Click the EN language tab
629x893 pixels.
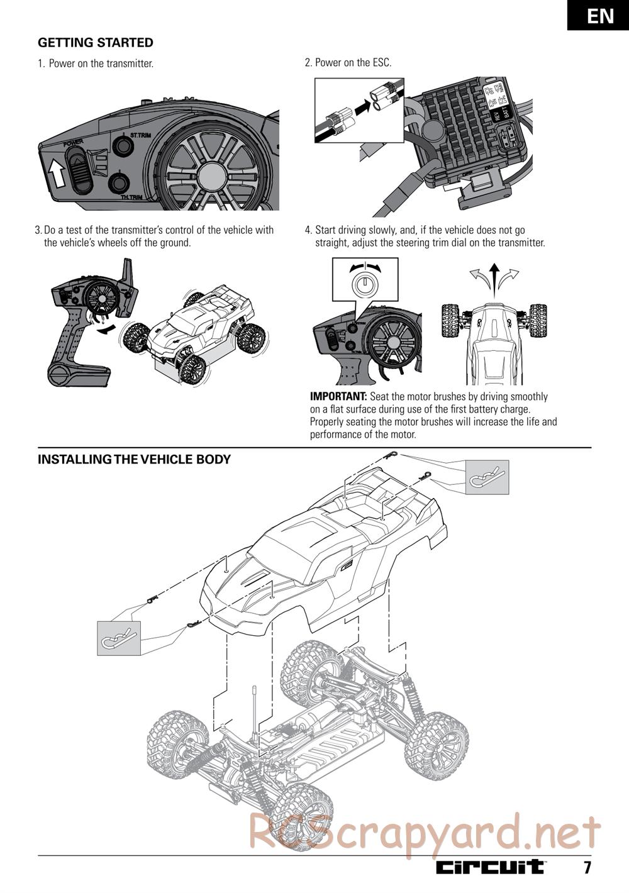[x=600, y=16]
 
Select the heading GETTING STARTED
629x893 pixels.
[x=96, y=43]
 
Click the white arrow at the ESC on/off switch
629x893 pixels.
[x=458, y=184]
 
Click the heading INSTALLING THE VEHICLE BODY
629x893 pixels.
[x=134, y=459]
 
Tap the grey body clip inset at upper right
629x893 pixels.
[x=487, y=477]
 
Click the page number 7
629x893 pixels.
[x=587, y=868]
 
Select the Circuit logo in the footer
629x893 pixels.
[x=490, y=867]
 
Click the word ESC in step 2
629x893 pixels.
[x=381, y=63]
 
